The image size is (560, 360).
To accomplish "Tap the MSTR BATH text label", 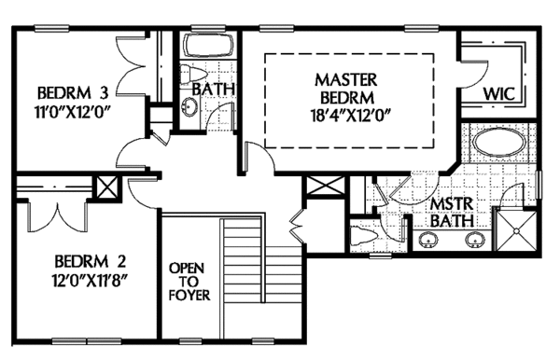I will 451,212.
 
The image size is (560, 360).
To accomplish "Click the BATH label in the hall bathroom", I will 213,90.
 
